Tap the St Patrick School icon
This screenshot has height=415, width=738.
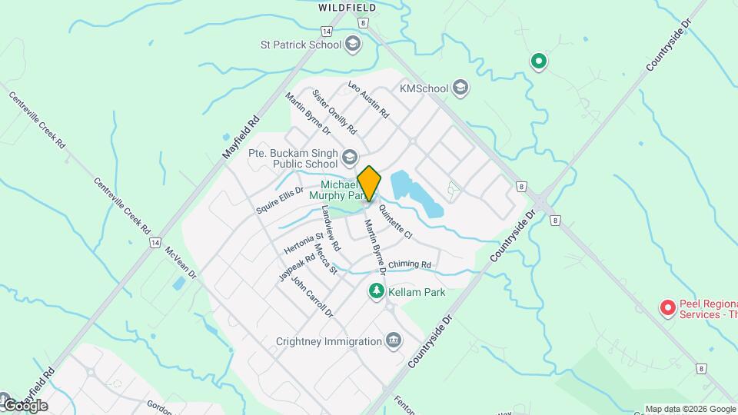(x=353, y=43)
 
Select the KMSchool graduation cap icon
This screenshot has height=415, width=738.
(x=460, y=88)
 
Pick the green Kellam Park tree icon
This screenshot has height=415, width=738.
(x=376, y=292)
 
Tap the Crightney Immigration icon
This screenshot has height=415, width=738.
(x=394, y=340)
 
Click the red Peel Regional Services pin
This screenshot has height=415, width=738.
(x=668, y=308)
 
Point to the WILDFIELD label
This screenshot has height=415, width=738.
(x=347, y=8)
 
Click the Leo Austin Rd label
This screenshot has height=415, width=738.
(x=368, y=99)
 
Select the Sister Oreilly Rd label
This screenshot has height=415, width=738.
(x=334, y=111)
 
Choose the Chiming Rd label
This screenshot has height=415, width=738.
(x=410, y=265)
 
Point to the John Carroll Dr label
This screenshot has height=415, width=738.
(x=312, y=297)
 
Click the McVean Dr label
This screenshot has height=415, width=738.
(x=181, y=264)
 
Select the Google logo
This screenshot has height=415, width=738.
(x=25, y=405)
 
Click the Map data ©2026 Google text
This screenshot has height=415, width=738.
(x=690, y=409)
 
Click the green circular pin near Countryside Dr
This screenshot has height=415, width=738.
(x=539, y=61)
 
